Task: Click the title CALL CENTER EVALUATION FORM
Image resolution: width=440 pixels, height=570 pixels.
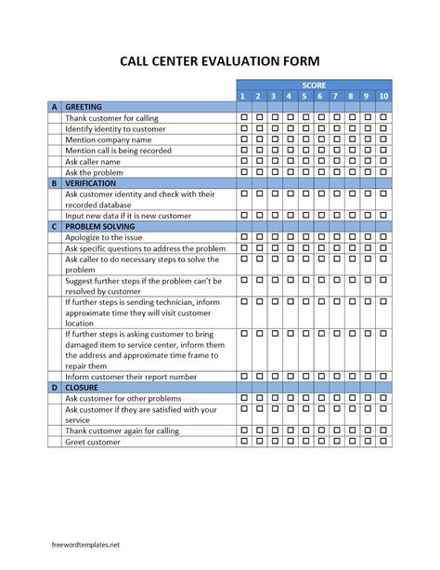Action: pyautogui.click(x=219, y=62)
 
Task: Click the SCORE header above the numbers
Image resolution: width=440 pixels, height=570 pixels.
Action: pyautogui.click(x=314, y=85)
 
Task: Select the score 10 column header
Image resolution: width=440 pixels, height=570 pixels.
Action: pyautogui.click(x=383, y=96)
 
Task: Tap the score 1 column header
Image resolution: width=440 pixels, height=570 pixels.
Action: pyautogui.click(x=244, y=96)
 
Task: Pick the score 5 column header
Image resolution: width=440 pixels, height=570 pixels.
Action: pyautogui.click(x=304, y=96)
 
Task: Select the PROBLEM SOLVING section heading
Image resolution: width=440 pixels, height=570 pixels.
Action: pyautogui.click(x=100, y=226)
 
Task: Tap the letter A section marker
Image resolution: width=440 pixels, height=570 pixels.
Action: pyautogui.click(x=55, y=107)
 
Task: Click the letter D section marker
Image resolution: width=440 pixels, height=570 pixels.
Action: pyautogui.click(x=55, y=387)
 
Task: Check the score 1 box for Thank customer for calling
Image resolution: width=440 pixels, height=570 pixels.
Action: pyautogui.click(x=244, y=118)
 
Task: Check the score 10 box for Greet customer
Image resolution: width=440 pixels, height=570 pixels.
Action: pyautogui.click(x=383, y=442)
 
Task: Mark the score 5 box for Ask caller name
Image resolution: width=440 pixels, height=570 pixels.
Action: pyautogui.click(x=304, y=161)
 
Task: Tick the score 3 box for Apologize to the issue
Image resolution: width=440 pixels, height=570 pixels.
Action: pyautogui.click(x=274, y=237)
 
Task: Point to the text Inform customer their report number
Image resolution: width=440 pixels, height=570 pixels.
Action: pyautogui.click(x=130, y=377)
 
